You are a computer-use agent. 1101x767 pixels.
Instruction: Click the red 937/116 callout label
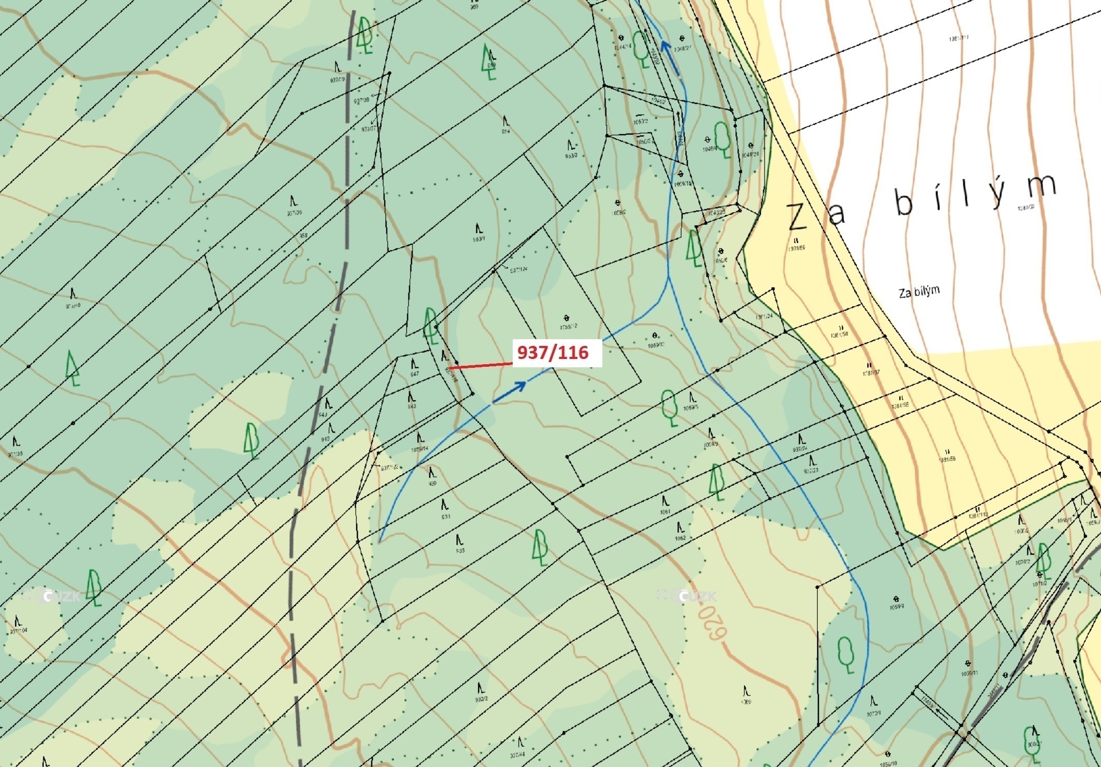557,353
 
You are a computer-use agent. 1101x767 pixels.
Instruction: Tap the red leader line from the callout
480,365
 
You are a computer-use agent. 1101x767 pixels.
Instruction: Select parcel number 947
414,374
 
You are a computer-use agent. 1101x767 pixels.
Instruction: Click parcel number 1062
680,538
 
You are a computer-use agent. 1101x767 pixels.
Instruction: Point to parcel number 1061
664,512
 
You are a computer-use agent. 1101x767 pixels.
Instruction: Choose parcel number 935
460,550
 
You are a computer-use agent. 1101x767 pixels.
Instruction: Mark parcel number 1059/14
419,449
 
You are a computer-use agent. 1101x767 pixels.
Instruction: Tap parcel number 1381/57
870,373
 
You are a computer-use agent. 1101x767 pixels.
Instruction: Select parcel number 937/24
800,449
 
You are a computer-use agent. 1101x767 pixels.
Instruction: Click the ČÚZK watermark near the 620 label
687,595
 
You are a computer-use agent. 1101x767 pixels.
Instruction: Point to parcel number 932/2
481,699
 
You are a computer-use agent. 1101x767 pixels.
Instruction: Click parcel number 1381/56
947,459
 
